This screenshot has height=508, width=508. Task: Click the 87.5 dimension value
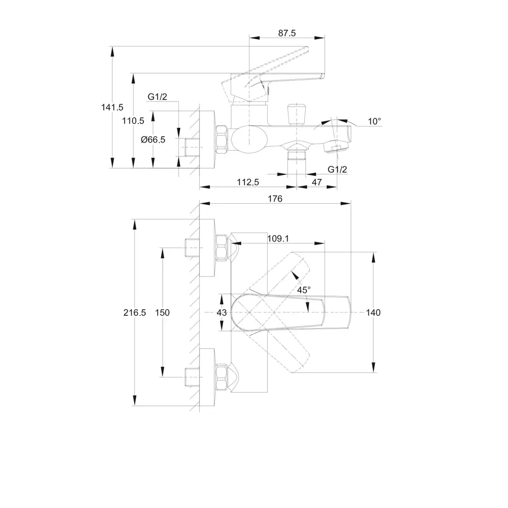(287, 33)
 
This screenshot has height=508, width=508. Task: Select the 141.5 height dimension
(112, 107)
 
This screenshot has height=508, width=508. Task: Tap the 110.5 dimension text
(133, 121)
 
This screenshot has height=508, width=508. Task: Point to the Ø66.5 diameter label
(153, 140)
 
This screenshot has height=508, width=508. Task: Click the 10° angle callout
(374, 121)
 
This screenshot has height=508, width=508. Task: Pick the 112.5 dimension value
(248, 182)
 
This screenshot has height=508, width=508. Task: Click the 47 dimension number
(316, 182)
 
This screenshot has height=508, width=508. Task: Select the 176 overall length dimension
(275, 199)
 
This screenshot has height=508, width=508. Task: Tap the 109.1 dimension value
(278, 239)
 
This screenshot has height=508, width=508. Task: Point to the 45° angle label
(304, 290)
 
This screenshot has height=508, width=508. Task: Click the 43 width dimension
(221, 312)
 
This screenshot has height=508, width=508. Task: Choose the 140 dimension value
(373, 312)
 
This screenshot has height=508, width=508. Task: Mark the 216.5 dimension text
(135, 312)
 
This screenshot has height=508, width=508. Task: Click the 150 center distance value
(162, 312)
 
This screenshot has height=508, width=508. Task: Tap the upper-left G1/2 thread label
(157, 97)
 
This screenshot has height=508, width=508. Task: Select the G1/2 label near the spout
(337, 169)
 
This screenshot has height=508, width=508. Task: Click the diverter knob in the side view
(297, 114)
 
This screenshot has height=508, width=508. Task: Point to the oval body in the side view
(249, 139)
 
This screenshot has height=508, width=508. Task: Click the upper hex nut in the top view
(221, 247)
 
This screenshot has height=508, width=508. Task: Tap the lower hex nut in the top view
(221, 377)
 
